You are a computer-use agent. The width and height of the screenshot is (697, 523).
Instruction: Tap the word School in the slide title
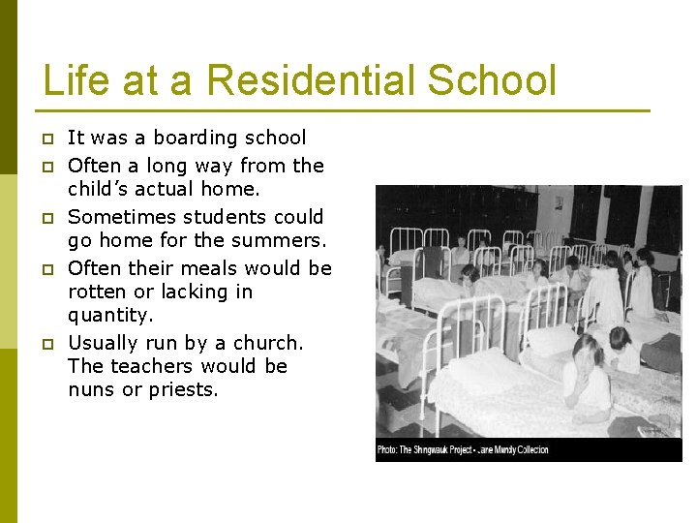coord(492,80)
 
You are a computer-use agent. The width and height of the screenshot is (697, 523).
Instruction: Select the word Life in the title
coord(79,80)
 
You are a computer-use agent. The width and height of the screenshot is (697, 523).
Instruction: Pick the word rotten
coord(99,292)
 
